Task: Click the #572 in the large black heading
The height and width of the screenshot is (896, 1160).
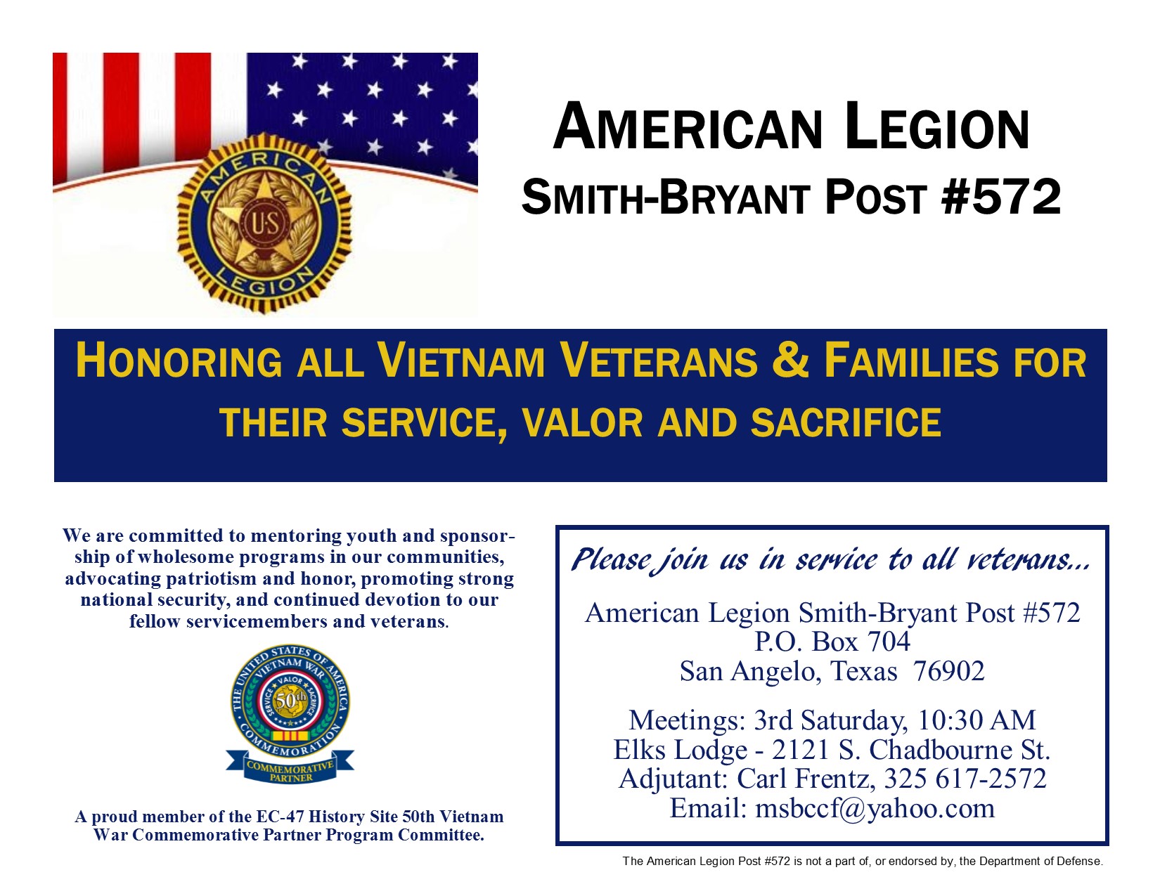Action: (x=1001, y=197)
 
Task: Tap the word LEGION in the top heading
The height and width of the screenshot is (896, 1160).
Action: (x=936, y=128)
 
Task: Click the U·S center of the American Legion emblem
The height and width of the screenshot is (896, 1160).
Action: (x=265, y=225)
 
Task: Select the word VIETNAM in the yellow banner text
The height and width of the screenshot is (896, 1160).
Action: (x=460, y=361)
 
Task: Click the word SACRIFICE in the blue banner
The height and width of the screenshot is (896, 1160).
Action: (x=846, y=422)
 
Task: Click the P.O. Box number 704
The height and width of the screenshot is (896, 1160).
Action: (x=889, y=641)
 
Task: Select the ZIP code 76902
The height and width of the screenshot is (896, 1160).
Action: (x=948, y=671)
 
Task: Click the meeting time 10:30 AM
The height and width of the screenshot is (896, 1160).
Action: (x=977, y=720)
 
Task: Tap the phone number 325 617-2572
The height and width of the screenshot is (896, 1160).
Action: (x=965, y=778)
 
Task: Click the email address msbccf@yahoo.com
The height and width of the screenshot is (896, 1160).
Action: (x=875, y=808)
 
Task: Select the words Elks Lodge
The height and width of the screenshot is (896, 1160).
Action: (x=680, y=750)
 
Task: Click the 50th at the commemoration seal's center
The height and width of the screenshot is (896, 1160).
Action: (x=290, y=701)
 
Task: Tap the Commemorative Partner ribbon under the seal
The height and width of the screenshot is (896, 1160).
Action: (x=290, y=766)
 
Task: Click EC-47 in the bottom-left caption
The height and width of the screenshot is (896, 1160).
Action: (x=279, y=817)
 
